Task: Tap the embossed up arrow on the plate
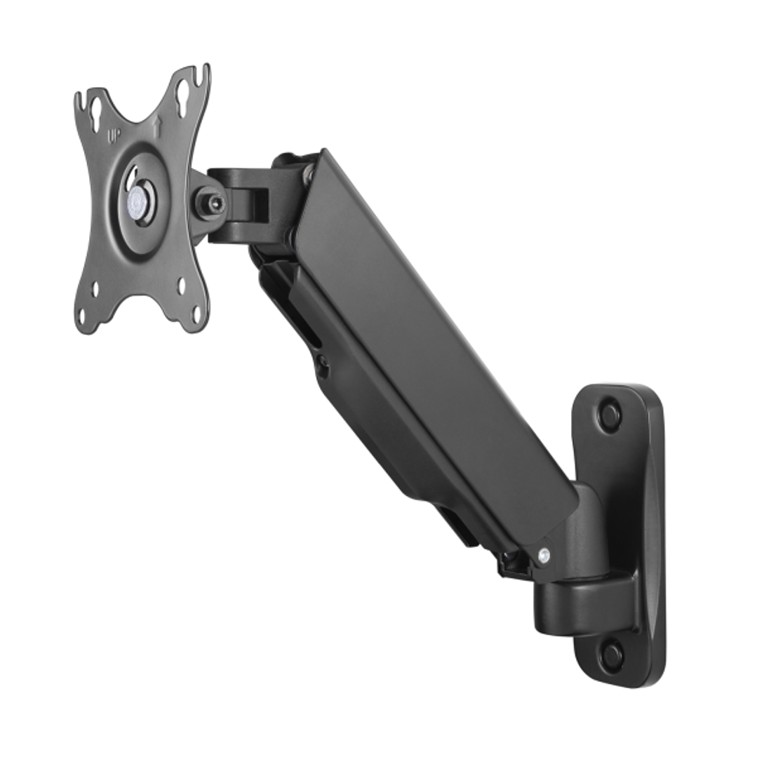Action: [157, 125]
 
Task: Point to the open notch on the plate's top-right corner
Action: [206, 72]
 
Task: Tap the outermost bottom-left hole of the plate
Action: [83, 317]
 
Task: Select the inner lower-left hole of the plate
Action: [95, 287]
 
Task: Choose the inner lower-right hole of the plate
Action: [182, 286]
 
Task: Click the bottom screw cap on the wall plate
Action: [611, 656]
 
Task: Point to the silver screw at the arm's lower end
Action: [543, 558]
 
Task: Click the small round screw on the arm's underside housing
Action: [322, 365]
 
